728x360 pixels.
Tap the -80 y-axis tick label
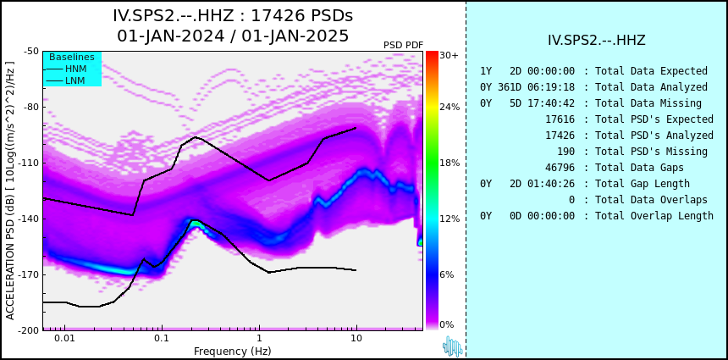click(31, 108)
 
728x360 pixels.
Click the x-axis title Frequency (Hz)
click(232, 350)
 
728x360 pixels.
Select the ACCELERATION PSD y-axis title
click(10, 191)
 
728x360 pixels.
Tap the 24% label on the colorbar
click(449, 108)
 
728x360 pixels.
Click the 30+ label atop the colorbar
click(449, 55)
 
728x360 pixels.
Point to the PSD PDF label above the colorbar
click(404, 45)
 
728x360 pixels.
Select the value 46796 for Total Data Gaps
click(560, 167)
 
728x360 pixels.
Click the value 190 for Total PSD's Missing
click(565, 152)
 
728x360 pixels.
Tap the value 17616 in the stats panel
click(560, 119)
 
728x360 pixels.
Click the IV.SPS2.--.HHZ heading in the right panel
click(597, 41)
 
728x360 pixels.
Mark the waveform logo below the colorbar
click(453, 346)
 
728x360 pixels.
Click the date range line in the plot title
click(233, 36)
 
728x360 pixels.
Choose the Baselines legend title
click(72, 57)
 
